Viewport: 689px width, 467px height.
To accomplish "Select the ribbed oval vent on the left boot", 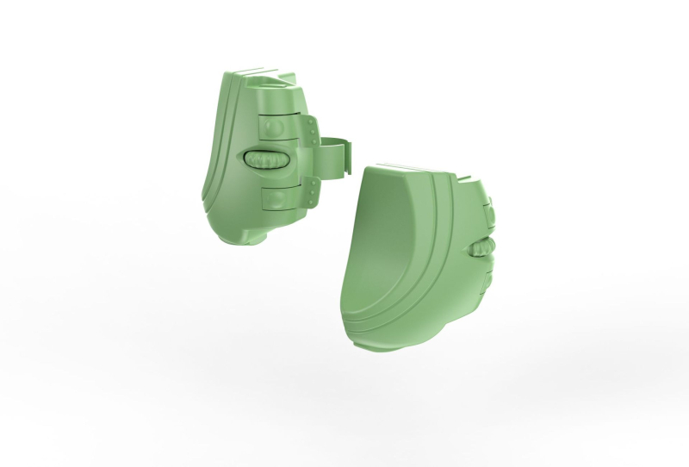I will (266, 160).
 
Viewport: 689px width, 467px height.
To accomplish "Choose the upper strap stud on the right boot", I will (487, 211).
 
